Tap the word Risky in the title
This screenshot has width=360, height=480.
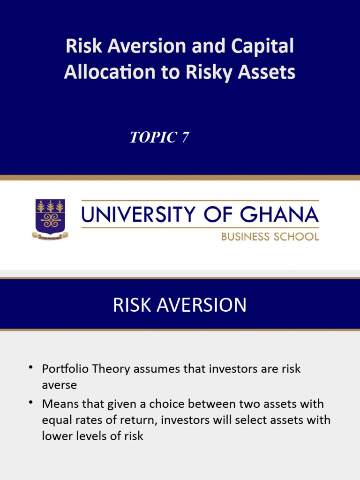213,72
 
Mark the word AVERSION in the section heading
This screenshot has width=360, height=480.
202,305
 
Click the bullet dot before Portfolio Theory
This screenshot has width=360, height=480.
31,368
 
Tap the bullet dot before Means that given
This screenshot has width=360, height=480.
31,403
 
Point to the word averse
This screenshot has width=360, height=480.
59,385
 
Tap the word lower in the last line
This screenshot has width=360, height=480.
55,435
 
